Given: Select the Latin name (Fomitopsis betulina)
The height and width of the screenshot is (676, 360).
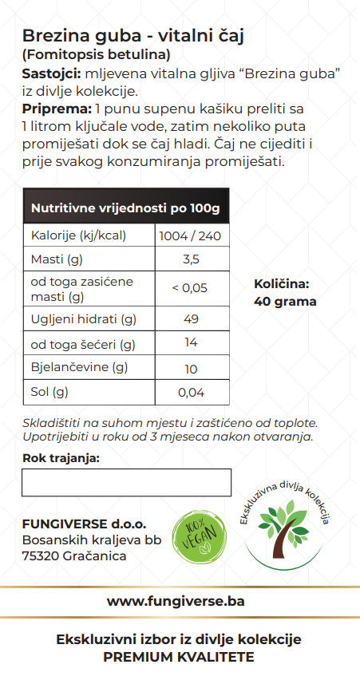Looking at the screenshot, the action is click(x=97, y=56).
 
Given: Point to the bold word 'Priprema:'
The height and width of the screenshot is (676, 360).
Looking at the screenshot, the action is click(x=57, y=109).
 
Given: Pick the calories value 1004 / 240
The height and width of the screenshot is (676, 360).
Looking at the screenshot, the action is click(x=191, y=236).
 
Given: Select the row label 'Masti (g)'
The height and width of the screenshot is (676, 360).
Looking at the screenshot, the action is click(x=57, y=259).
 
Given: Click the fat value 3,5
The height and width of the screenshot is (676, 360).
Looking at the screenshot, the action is click(x=191, y=259).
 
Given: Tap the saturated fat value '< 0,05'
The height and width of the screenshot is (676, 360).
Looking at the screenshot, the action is click(x=190, y=288).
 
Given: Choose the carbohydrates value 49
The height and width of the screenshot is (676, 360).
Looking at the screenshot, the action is click(x=191, y=319).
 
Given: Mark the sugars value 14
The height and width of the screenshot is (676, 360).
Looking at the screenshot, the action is click(x=191, y=344).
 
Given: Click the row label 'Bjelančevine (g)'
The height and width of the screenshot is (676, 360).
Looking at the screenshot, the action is click(x=79, y=368).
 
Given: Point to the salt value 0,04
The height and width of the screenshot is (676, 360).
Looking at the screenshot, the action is click(x=191, y=392).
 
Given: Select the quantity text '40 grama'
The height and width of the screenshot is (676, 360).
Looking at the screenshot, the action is click(x=285, y=302).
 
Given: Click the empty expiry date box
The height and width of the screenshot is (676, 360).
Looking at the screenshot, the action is click(x=126, y=483).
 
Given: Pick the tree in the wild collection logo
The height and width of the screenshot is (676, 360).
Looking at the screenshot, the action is click(x=283, y=532).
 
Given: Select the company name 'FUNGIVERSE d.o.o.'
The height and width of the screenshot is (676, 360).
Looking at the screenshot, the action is click(x=85, y=524).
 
